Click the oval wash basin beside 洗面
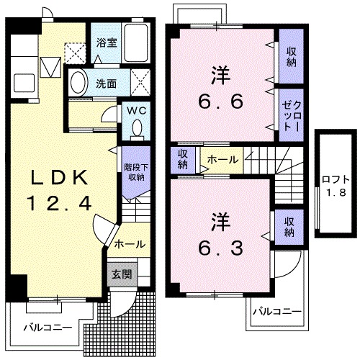(78, 82)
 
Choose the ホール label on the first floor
(129, 244)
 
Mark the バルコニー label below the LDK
(48, 327)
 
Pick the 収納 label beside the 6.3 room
(288, 228)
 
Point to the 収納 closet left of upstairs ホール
(184, 159)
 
